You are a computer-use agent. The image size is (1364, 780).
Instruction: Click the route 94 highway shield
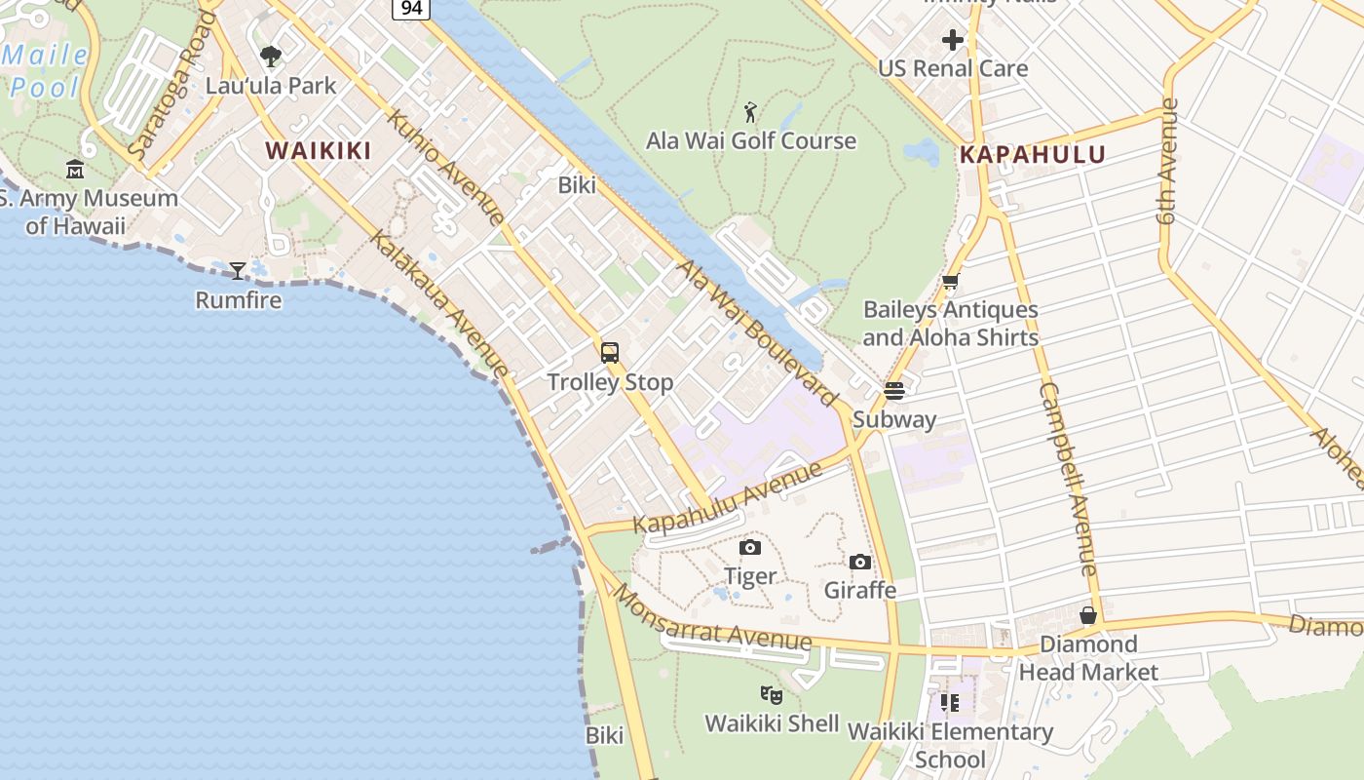tap(411, 8)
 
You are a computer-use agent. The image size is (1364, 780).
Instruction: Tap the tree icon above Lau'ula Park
tap(271, 56)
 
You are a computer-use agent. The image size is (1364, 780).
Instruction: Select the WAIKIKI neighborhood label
tap(319, 150)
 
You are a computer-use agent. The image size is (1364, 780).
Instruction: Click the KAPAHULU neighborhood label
tap(1033, 154)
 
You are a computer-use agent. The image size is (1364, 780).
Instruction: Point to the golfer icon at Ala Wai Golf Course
tap(750, 112)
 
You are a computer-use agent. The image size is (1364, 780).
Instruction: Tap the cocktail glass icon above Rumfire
tap(238, 270)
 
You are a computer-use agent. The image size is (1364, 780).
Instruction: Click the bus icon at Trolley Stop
tap(610, 353)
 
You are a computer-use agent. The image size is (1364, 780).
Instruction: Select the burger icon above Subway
tap(894, 391)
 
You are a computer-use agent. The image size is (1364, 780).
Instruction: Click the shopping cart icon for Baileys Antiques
tap(950, 282)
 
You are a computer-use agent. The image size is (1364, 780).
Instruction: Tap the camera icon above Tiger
tap(750, 547)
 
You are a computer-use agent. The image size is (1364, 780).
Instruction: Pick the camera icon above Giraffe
tap(859, 562)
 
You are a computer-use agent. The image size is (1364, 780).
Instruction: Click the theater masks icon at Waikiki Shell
tap(772, 694)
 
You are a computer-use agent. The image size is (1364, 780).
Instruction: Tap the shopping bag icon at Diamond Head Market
tap(1088, 615)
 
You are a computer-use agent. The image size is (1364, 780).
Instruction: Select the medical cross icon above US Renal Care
tap(953, 40)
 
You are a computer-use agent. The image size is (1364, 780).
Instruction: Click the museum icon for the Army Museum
tap(75, 170)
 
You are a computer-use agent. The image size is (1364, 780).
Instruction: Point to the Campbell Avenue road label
tap(1069, 478)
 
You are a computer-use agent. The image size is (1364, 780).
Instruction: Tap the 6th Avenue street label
tap(1169, 161)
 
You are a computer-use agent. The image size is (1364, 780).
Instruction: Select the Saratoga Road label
tap(171, 88)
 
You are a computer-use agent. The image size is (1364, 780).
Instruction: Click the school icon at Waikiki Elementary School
tap(950, 702)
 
